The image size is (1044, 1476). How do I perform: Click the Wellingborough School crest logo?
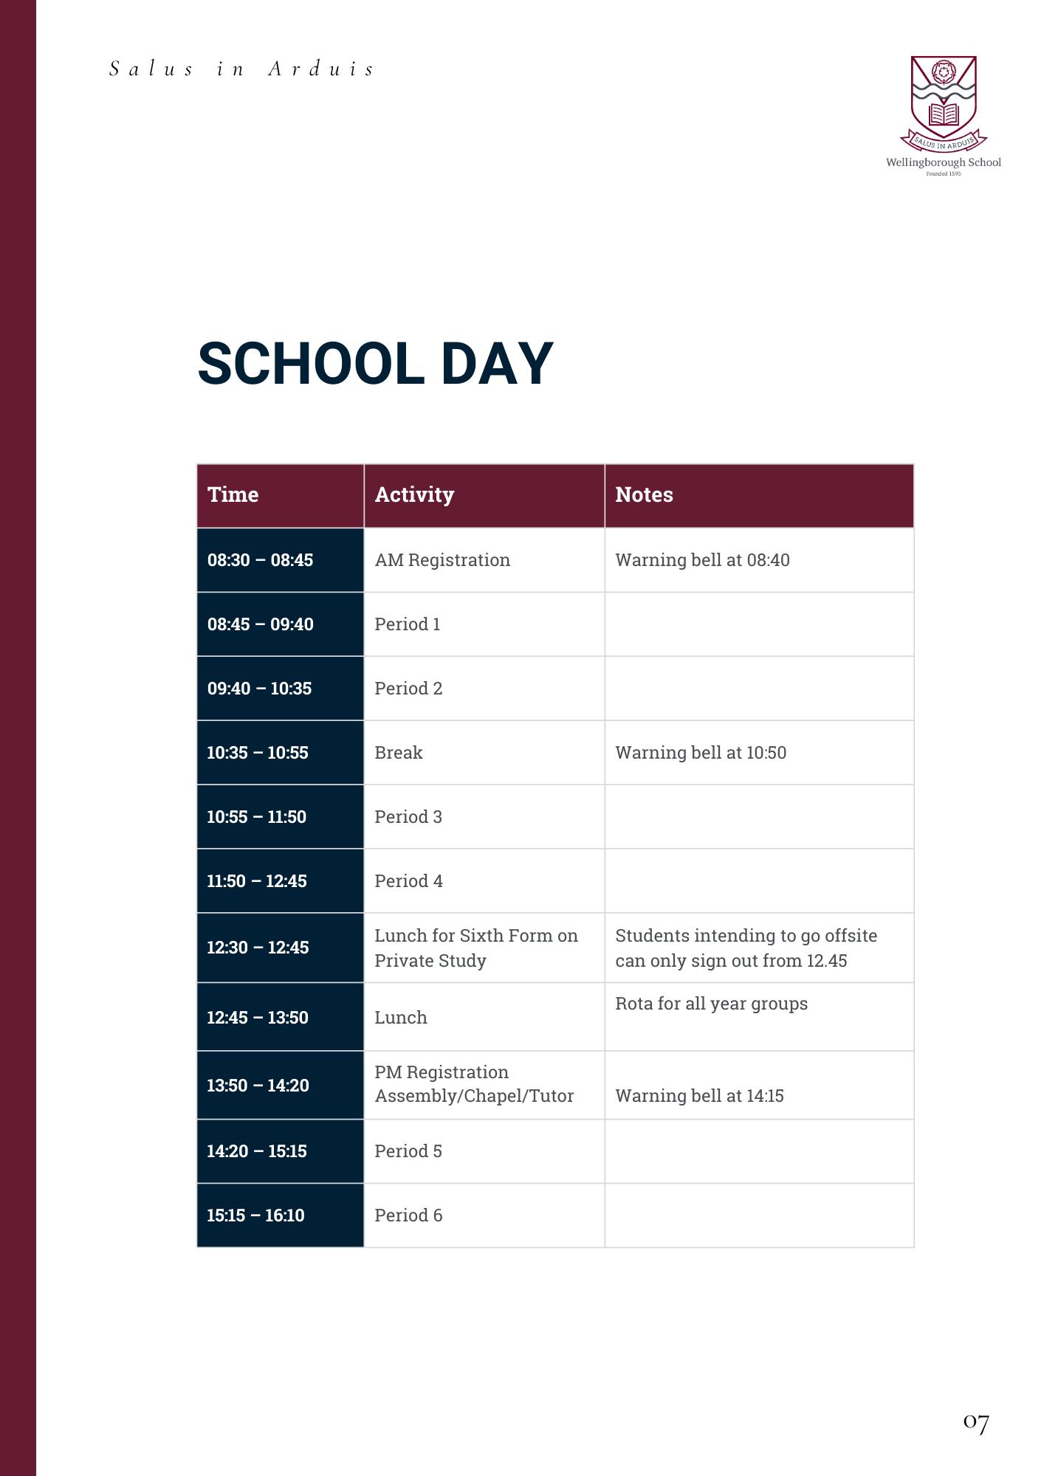coord(943,103)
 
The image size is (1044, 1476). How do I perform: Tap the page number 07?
coord(975,1422)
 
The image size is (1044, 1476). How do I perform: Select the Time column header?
coord(233,494)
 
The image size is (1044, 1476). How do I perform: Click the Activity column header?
coord(414,494)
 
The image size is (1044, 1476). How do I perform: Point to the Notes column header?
coord(644,494)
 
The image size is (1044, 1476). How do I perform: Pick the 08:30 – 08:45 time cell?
coord(260,560)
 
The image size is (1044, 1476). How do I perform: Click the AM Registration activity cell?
coord(442,560)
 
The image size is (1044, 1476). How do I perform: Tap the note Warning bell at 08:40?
coord(702,560)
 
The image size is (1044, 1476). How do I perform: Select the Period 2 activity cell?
coord(408,689)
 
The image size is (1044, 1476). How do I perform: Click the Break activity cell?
coord(399,753)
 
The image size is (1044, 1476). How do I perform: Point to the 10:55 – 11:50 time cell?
coord(256,817)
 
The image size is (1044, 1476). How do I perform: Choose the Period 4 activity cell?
coord(408,881)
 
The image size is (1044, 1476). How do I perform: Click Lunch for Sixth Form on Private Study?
coord(475,948)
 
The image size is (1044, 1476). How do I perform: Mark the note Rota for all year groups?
coord(711,1004)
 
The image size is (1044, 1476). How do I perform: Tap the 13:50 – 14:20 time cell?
coord(258,1086)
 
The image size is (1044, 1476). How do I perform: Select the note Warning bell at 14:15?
coord(699,1096)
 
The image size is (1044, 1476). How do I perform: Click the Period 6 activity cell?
coord(408,1215)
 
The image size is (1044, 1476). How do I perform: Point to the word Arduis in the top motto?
coord(321,69)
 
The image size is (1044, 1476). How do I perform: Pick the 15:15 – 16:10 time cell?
coord(255,1215)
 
